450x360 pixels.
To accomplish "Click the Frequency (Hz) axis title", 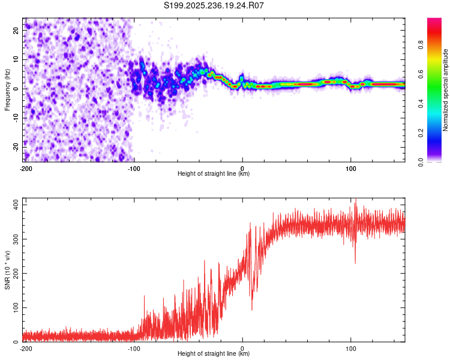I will coord(8,90).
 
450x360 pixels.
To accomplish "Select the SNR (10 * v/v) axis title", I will coord(8,269).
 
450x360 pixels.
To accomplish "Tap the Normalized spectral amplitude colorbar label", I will coord(446,90).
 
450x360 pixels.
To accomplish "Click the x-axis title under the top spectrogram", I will coord(214,174).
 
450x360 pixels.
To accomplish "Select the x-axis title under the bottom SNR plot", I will coord(214,354).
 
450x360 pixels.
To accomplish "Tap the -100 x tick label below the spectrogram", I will coord(133,167).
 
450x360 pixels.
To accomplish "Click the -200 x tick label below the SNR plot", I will coord(25,347).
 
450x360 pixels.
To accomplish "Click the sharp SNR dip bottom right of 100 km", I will coord(355,263).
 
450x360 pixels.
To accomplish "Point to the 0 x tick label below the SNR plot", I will coord(242,347).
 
